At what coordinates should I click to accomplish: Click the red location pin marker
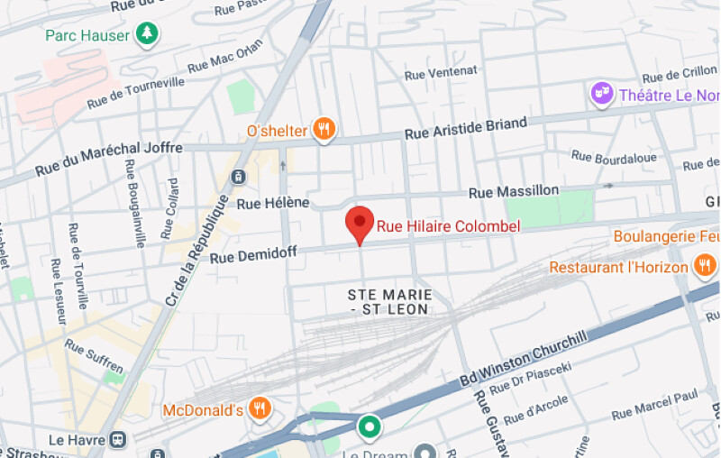coord(360,222)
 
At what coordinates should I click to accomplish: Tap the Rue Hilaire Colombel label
coord(448,226)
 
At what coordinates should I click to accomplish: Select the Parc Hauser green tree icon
coord(147,34)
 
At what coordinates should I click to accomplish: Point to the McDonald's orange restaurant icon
coord(260,409)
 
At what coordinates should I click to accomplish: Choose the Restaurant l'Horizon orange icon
coord(704,266)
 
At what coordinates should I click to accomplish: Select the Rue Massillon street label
coord(514,191)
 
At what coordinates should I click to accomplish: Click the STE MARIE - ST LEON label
coord(389,302)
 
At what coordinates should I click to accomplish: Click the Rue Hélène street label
coord(273,203)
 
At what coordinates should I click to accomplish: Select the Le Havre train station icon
coord(117,439)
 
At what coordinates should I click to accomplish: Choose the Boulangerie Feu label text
coord(666,236)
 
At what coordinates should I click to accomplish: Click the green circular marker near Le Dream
coord(369,426)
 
